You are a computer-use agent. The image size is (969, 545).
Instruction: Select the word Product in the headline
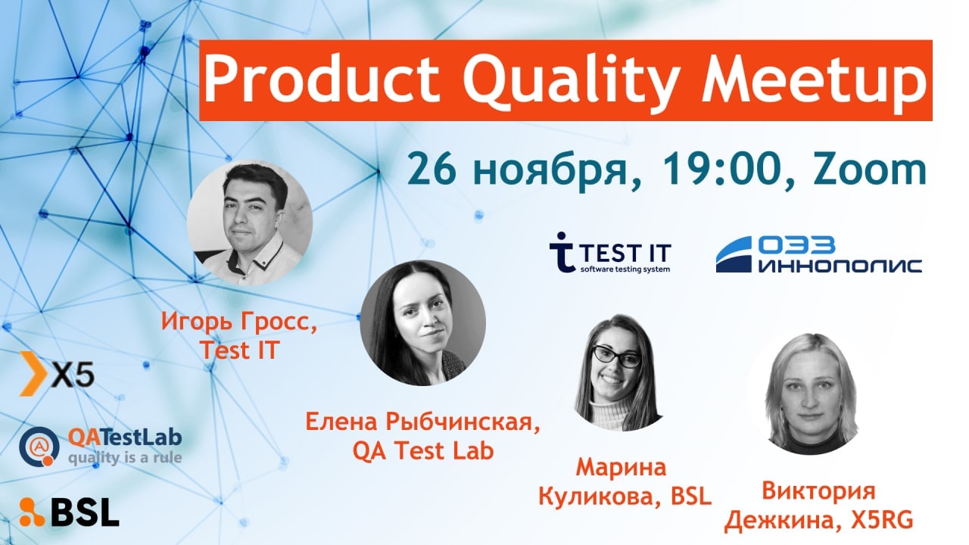click(x=321, y=79)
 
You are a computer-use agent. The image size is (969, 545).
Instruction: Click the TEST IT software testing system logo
click(x=610, y=253)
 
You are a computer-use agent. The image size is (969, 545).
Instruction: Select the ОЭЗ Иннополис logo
click(x=818, y=254)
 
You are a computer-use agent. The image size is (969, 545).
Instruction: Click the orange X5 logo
click(x=57, y=373)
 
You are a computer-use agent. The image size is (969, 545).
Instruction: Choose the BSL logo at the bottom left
click(x=69, y=512)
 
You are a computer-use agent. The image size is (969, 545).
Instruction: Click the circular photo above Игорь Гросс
click(x=250, y=223)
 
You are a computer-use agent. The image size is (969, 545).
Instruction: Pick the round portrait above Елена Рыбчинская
click(x=423, y=322)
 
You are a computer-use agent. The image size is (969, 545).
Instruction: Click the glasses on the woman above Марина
click(x=616, y=357)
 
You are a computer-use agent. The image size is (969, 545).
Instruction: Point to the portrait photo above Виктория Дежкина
click(x=812, y=394)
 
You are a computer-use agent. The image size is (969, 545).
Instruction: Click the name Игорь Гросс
click(x=239, y=322)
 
